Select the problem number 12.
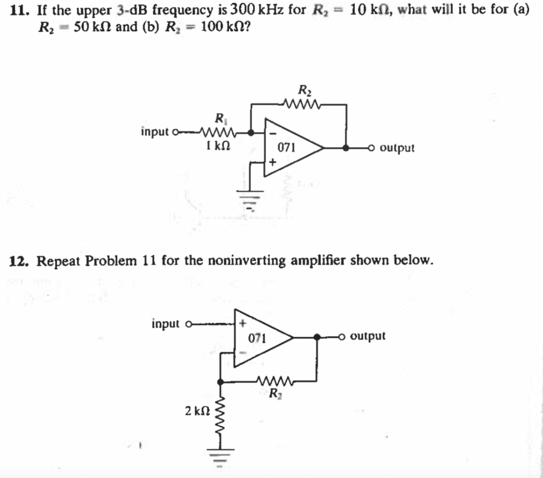click(x=20, y=260)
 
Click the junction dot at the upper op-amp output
click(x=346, y=148)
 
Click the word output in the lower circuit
click(x=368, y=336)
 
